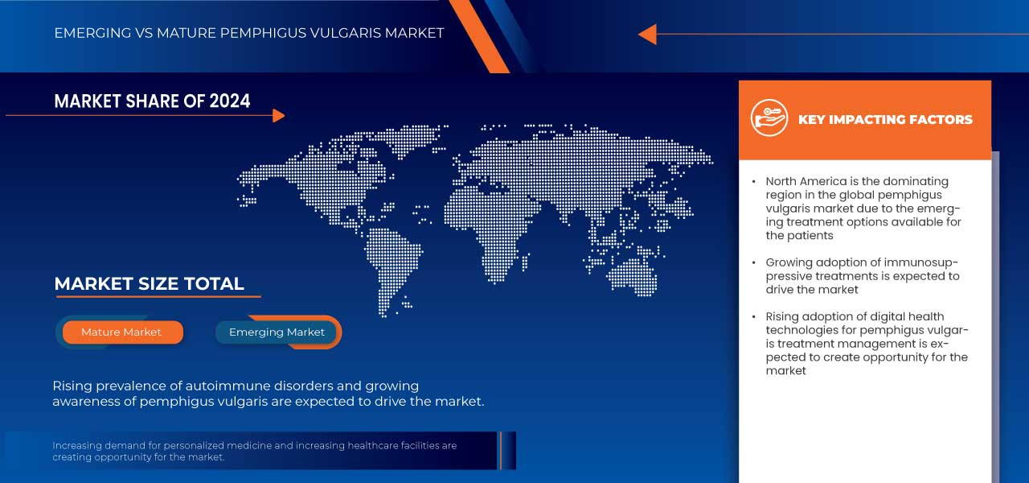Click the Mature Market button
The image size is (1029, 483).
pos(121,332)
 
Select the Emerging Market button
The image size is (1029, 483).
pos(277,332)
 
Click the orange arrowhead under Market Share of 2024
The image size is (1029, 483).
pos(278,116)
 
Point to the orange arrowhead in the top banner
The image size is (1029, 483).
pos(647,34)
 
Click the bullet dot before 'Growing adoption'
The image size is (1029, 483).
pos(753,263)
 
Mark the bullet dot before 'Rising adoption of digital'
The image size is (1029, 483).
pos(753,317)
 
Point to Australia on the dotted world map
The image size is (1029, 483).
pos(632,274)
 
